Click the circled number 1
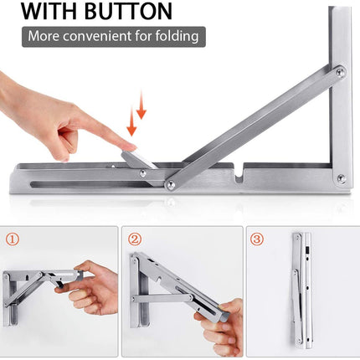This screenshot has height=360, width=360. [12, 239]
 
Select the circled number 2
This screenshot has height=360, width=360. [134, 239]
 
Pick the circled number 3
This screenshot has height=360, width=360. [257, 239]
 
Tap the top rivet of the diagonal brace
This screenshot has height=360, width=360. [339, 74]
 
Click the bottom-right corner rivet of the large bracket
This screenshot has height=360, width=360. [340, 177]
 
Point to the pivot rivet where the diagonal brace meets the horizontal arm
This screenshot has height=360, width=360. [171, 183]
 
